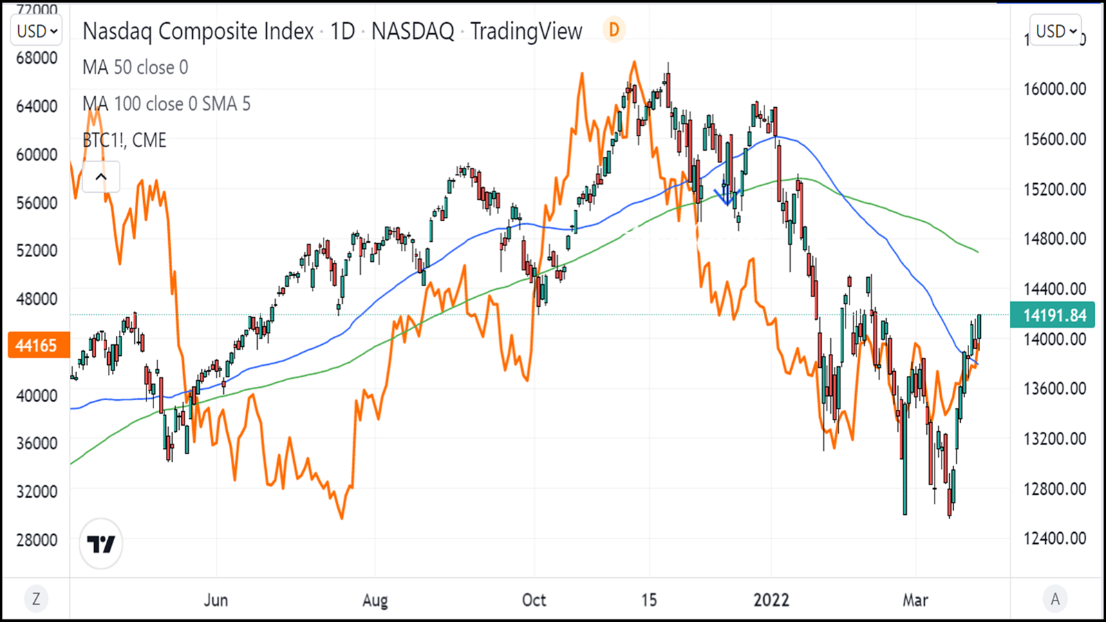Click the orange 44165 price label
[36, 345]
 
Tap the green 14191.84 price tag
[1054, 315]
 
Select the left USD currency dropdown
[37, 31]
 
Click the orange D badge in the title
[614, 30]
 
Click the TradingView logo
[101, 544]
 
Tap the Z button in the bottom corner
[36, 599]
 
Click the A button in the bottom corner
[1055, 599]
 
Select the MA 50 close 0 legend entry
[135, 68]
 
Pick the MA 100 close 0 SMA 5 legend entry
[166, 104]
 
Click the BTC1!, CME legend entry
[124, 140]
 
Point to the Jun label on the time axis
[216, 600]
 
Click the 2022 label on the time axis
[771, 600]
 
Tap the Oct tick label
[534, 600]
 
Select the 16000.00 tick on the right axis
[1054, 89]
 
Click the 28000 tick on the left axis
[37, 540]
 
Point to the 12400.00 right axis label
[1054, 538]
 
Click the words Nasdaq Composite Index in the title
[198, 31]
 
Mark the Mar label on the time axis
[915, 600]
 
